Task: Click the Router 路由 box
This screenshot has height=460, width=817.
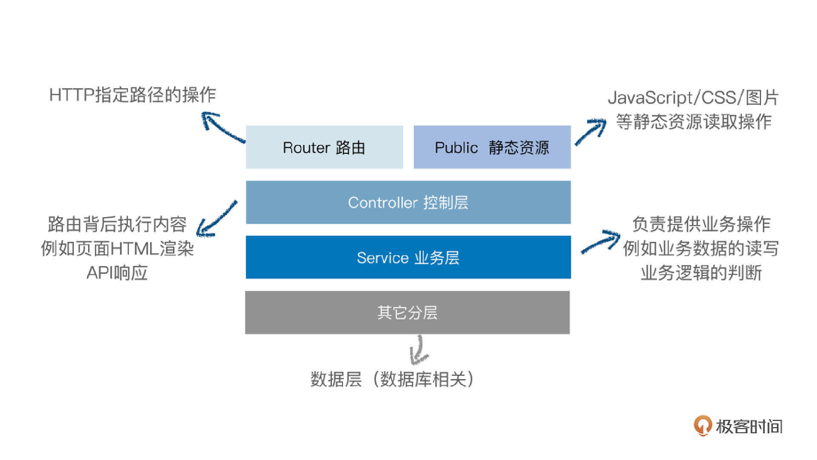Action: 324,147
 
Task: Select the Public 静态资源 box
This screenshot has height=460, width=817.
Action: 492,147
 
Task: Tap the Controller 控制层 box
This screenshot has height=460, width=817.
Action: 408,202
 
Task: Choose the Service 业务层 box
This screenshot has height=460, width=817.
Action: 408,257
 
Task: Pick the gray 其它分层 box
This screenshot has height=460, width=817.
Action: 407,312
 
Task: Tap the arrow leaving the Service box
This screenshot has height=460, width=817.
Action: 600,241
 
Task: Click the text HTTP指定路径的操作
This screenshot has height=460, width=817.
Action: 133,95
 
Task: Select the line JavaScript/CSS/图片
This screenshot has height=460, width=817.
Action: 693,98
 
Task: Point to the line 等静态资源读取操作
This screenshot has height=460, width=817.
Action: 694,122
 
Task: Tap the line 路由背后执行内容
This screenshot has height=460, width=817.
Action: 117,224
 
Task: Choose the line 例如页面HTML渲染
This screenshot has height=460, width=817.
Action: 117,248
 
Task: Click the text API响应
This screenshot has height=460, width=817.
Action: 117,273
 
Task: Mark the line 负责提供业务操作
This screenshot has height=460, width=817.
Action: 701,224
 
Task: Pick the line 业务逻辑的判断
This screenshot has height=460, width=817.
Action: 701,273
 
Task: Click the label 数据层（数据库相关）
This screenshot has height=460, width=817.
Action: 392,379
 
